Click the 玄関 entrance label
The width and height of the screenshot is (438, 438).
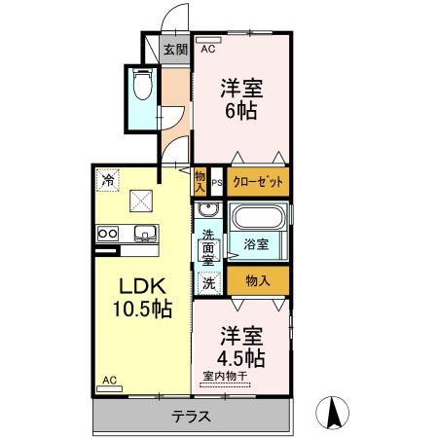point(174,50)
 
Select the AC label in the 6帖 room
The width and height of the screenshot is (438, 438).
point(207,47)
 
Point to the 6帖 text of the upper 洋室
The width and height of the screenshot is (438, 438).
point(240,110)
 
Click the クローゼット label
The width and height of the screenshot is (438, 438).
point(258,181)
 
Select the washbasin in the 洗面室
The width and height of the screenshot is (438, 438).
point(206,211)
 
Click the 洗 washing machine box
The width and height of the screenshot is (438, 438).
point(207,282)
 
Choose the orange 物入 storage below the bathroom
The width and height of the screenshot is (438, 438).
point(258,281)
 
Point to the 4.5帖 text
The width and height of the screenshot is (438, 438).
point(240,357)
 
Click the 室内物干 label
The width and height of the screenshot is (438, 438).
point(225,377)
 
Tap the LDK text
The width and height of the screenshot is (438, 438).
point(143,287)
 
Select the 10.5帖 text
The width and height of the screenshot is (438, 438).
point(143,310)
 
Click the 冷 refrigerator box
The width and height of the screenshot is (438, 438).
point(107,179)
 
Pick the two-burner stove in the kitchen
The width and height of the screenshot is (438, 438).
point(106,234)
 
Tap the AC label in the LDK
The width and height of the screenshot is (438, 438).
point(109,381)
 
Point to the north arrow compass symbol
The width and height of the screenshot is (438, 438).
point(335,413)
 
